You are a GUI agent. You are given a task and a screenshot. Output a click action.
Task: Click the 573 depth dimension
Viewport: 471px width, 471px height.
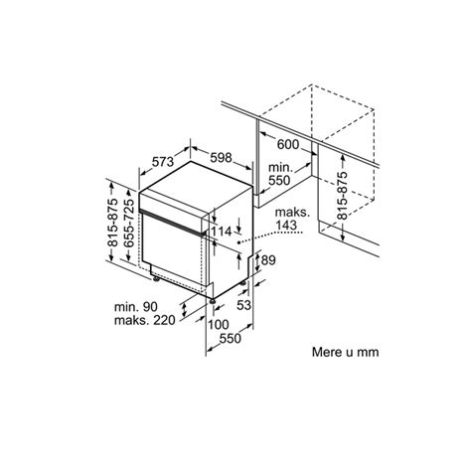[165, 162]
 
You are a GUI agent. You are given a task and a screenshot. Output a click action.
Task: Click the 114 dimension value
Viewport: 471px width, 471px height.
[222, 232]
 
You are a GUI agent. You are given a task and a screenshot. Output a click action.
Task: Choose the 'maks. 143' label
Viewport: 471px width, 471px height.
[282, 219]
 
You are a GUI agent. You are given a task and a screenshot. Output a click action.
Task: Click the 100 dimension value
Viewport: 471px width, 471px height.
[220, 324]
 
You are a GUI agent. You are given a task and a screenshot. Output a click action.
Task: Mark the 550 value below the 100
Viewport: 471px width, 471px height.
[231, 338]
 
